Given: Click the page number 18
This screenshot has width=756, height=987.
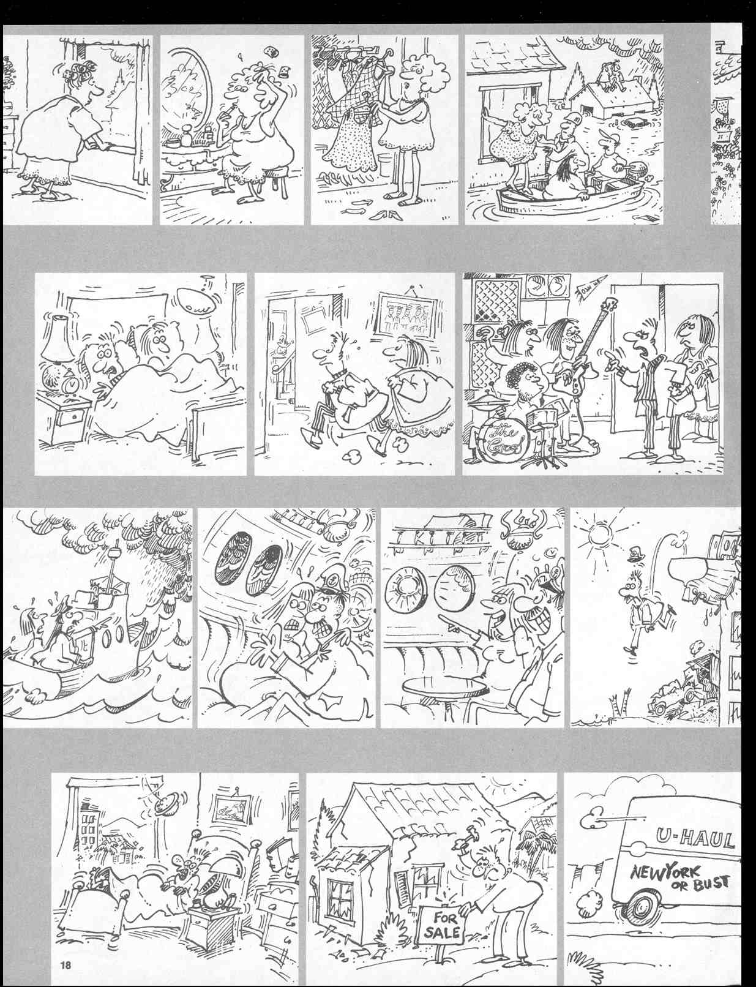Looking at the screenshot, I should pos(66,966).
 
